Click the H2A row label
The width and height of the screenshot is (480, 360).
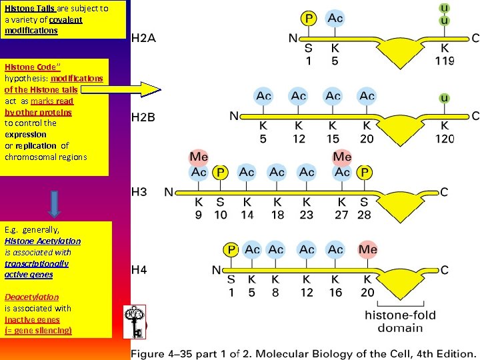(x=143, y=38)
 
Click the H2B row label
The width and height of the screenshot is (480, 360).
(x=143, y=117)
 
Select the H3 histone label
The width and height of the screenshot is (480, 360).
(x=139, y=192)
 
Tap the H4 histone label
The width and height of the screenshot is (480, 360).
(x=139, y=270)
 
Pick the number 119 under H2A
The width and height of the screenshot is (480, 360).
(x=445, y=61)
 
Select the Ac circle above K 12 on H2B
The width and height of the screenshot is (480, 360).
(x=298, y=96)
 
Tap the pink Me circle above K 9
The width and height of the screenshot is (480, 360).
(x=199, y=157)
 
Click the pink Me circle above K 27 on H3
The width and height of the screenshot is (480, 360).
(x=342, y=157)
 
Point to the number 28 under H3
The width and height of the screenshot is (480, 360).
(x=363, y=215)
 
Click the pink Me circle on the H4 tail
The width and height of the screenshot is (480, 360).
(x=367, y=249)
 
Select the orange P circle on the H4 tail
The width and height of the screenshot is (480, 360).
(x=231, y=250)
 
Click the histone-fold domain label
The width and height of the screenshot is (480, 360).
(x=400, y=321)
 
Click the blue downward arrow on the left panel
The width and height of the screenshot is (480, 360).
(x=55, y=203)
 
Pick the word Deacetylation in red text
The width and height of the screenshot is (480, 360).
(x=31, y=297)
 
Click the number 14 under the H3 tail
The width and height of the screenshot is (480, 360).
(x=247, y=215)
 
